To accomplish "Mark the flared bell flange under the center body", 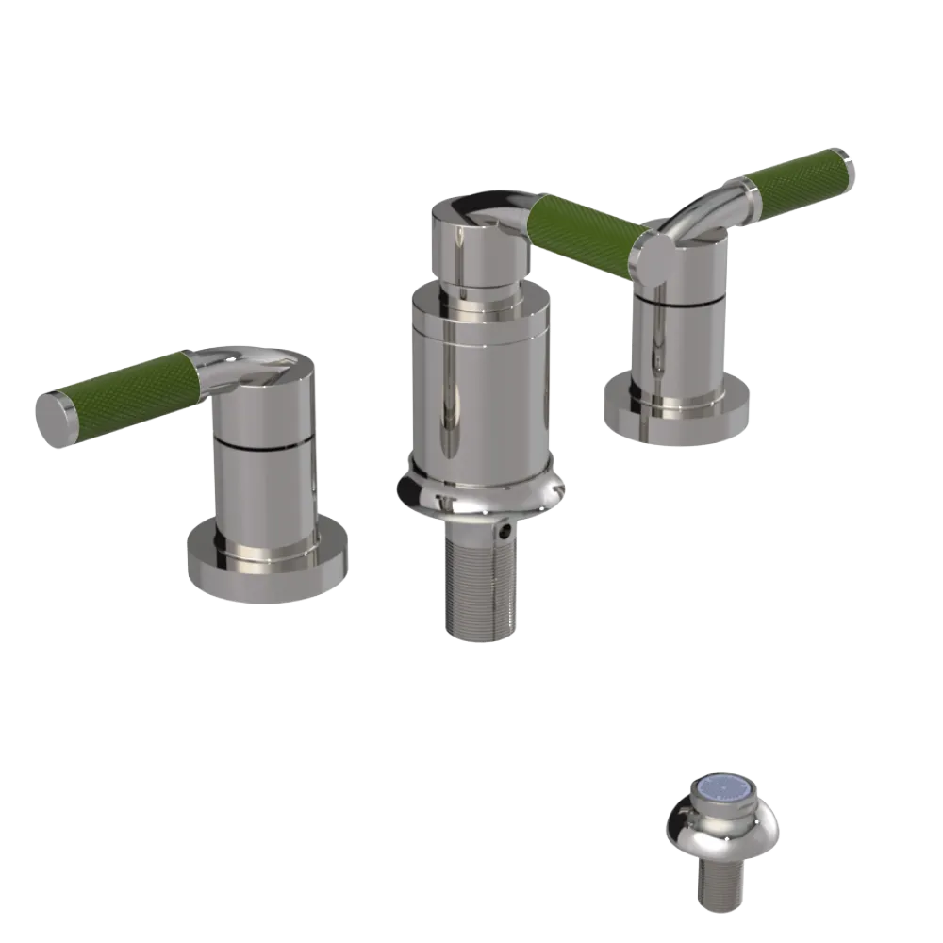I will tap(481, 490).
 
